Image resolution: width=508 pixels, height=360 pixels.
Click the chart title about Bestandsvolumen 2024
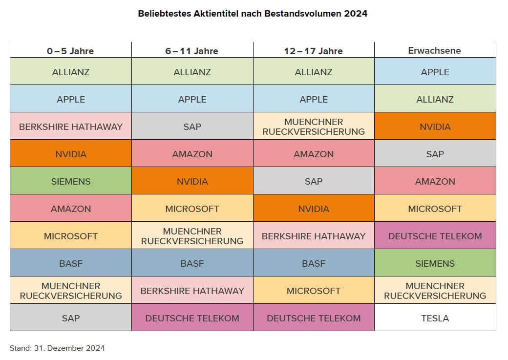253,14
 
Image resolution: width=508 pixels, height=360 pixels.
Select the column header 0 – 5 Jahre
70,51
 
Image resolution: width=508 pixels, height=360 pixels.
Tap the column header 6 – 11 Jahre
192,51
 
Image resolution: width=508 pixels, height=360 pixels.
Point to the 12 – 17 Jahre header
314,51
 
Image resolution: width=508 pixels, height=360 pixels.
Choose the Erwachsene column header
435,50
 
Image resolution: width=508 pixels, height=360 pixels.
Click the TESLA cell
435,318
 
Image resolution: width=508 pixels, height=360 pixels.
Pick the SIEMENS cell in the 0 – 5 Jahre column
71,181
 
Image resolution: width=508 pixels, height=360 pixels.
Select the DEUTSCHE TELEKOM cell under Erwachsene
435,236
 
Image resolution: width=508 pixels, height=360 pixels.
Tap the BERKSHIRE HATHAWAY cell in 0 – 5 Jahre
71,127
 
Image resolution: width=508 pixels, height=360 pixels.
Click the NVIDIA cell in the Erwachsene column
435,127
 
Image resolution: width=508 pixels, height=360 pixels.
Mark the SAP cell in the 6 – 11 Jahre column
192,127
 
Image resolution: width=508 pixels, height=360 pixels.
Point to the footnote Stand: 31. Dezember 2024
57,348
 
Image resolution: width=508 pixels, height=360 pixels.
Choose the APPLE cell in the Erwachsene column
435,72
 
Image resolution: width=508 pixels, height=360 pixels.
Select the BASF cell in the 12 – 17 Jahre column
314,263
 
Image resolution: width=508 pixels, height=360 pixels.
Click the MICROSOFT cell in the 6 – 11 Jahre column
192,209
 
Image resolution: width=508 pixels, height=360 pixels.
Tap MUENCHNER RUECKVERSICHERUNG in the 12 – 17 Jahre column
314,127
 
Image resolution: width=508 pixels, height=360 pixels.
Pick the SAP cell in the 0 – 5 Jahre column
71,318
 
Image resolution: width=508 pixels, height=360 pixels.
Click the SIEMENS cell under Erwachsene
435,263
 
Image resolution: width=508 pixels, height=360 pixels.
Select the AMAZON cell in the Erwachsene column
435,181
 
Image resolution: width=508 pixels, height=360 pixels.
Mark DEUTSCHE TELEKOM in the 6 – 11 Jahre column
192,318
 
